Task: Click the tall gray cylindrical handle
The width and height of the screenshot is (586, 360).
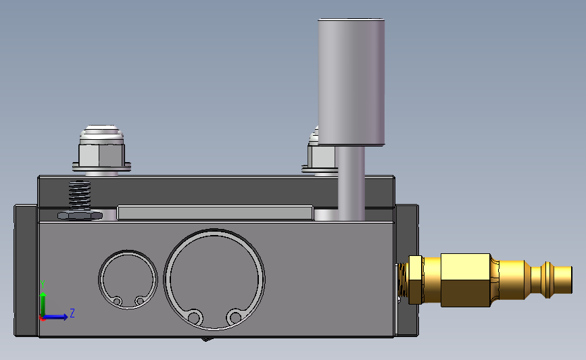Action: pyautogui.click(x=351, y=82)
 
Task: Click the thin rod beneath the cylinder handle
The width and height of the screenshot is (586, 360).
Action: pyautogui.click(x=351, y=183)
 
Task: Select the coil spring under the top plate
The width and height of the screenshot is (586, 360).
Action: pyautogui.click(x=80, y=195)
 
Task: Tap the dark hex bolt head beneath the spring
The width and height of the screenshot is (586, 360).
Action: pyautogui.click(x=80, y=215)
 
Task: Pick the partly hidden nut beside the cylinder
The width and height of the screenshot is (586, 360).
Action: pyautogui.click(x=319, y=154)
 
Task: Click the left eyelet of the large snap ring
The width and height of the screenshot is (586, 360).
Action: pyautogui.click(x=194, y=318)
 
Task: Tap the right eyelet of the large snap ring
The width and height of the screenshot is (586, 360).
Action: pyautogui.click(x=235, y=318)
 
